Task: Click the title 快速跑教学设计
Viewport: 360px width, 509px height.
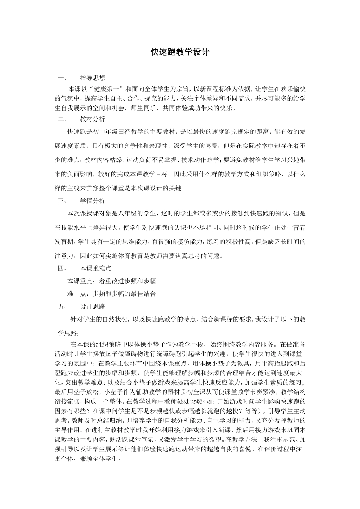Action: click(180, 52)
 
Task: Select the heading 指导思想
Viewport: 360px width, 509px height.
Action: click(92, 78)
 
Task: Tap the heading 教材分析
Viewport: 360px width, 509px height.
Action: click(92, 119)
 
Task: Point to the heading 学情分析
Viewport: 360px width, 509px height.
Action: click(92, 201)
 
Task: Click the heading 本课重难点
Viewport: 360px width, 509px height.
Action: click(95, 268)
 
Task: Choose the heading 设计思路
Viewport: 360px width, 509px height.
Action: click(92, 306)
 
